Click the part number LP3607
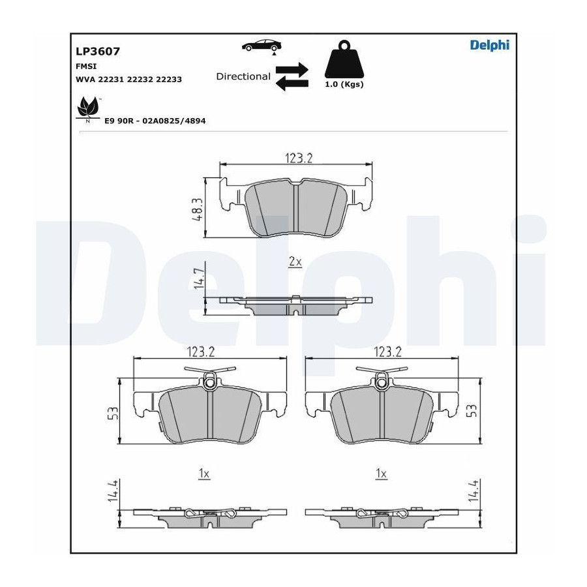point(98,52)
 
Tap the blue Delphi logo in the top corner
point(490,45)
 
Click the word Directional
point(243,76)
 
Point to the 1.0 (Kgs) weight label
point(344,84)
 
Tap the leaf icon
point(88,108)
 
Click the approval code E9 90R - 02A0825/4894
point(155,121)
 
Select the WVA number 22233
point(169,80)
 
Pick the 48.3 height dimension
point(197,209)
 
